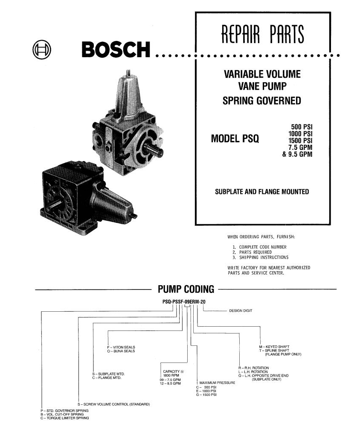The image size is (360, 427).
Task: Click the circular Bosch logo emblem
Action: click(42, 49)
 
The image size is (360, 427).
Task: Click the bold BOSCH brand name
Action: click(116, 49)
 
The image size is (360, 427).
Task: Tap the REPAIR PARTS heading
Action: click(263, 34)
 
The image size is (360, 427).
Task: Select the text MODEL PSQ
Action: click(235, 139)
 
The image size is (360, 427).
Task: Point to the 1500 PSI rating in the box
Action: click(300, 140)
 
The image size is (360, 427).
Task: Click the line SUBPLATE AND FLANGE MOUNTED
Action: click(262, 192)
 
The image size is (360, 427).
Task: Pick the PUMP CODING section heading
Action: click(186, 289)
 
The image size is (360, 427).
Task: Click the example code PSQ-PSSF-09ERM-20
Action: click(184, 302)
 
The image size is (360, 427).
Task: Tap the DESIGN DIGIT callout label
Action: click(241, 310)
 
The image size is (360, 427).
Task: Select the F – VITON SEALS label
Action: click(121, 347)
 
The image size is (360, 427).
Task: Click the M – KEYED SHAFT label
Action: click(274, 347)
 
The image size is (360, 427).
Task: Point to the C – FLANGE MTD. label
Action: click(107, 378)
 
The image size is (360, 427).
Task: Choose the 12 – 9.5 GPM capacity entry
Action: click(170, 383)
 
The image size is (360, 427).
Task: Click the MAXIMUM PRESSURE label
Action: click(217, 383)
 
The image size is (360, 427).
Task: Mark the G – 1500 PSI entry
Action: click(206, 395)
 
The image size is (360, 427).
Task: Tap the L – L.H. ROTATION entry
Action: click(253, 372)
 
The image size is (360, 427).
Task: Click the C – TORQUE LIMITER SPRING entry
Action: click(65, 418)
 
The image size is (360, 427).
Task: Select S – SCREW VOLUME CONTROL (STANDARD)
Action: click(113, 404)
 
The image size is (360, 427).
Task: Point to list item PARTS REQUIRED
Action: click(255, 252)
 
